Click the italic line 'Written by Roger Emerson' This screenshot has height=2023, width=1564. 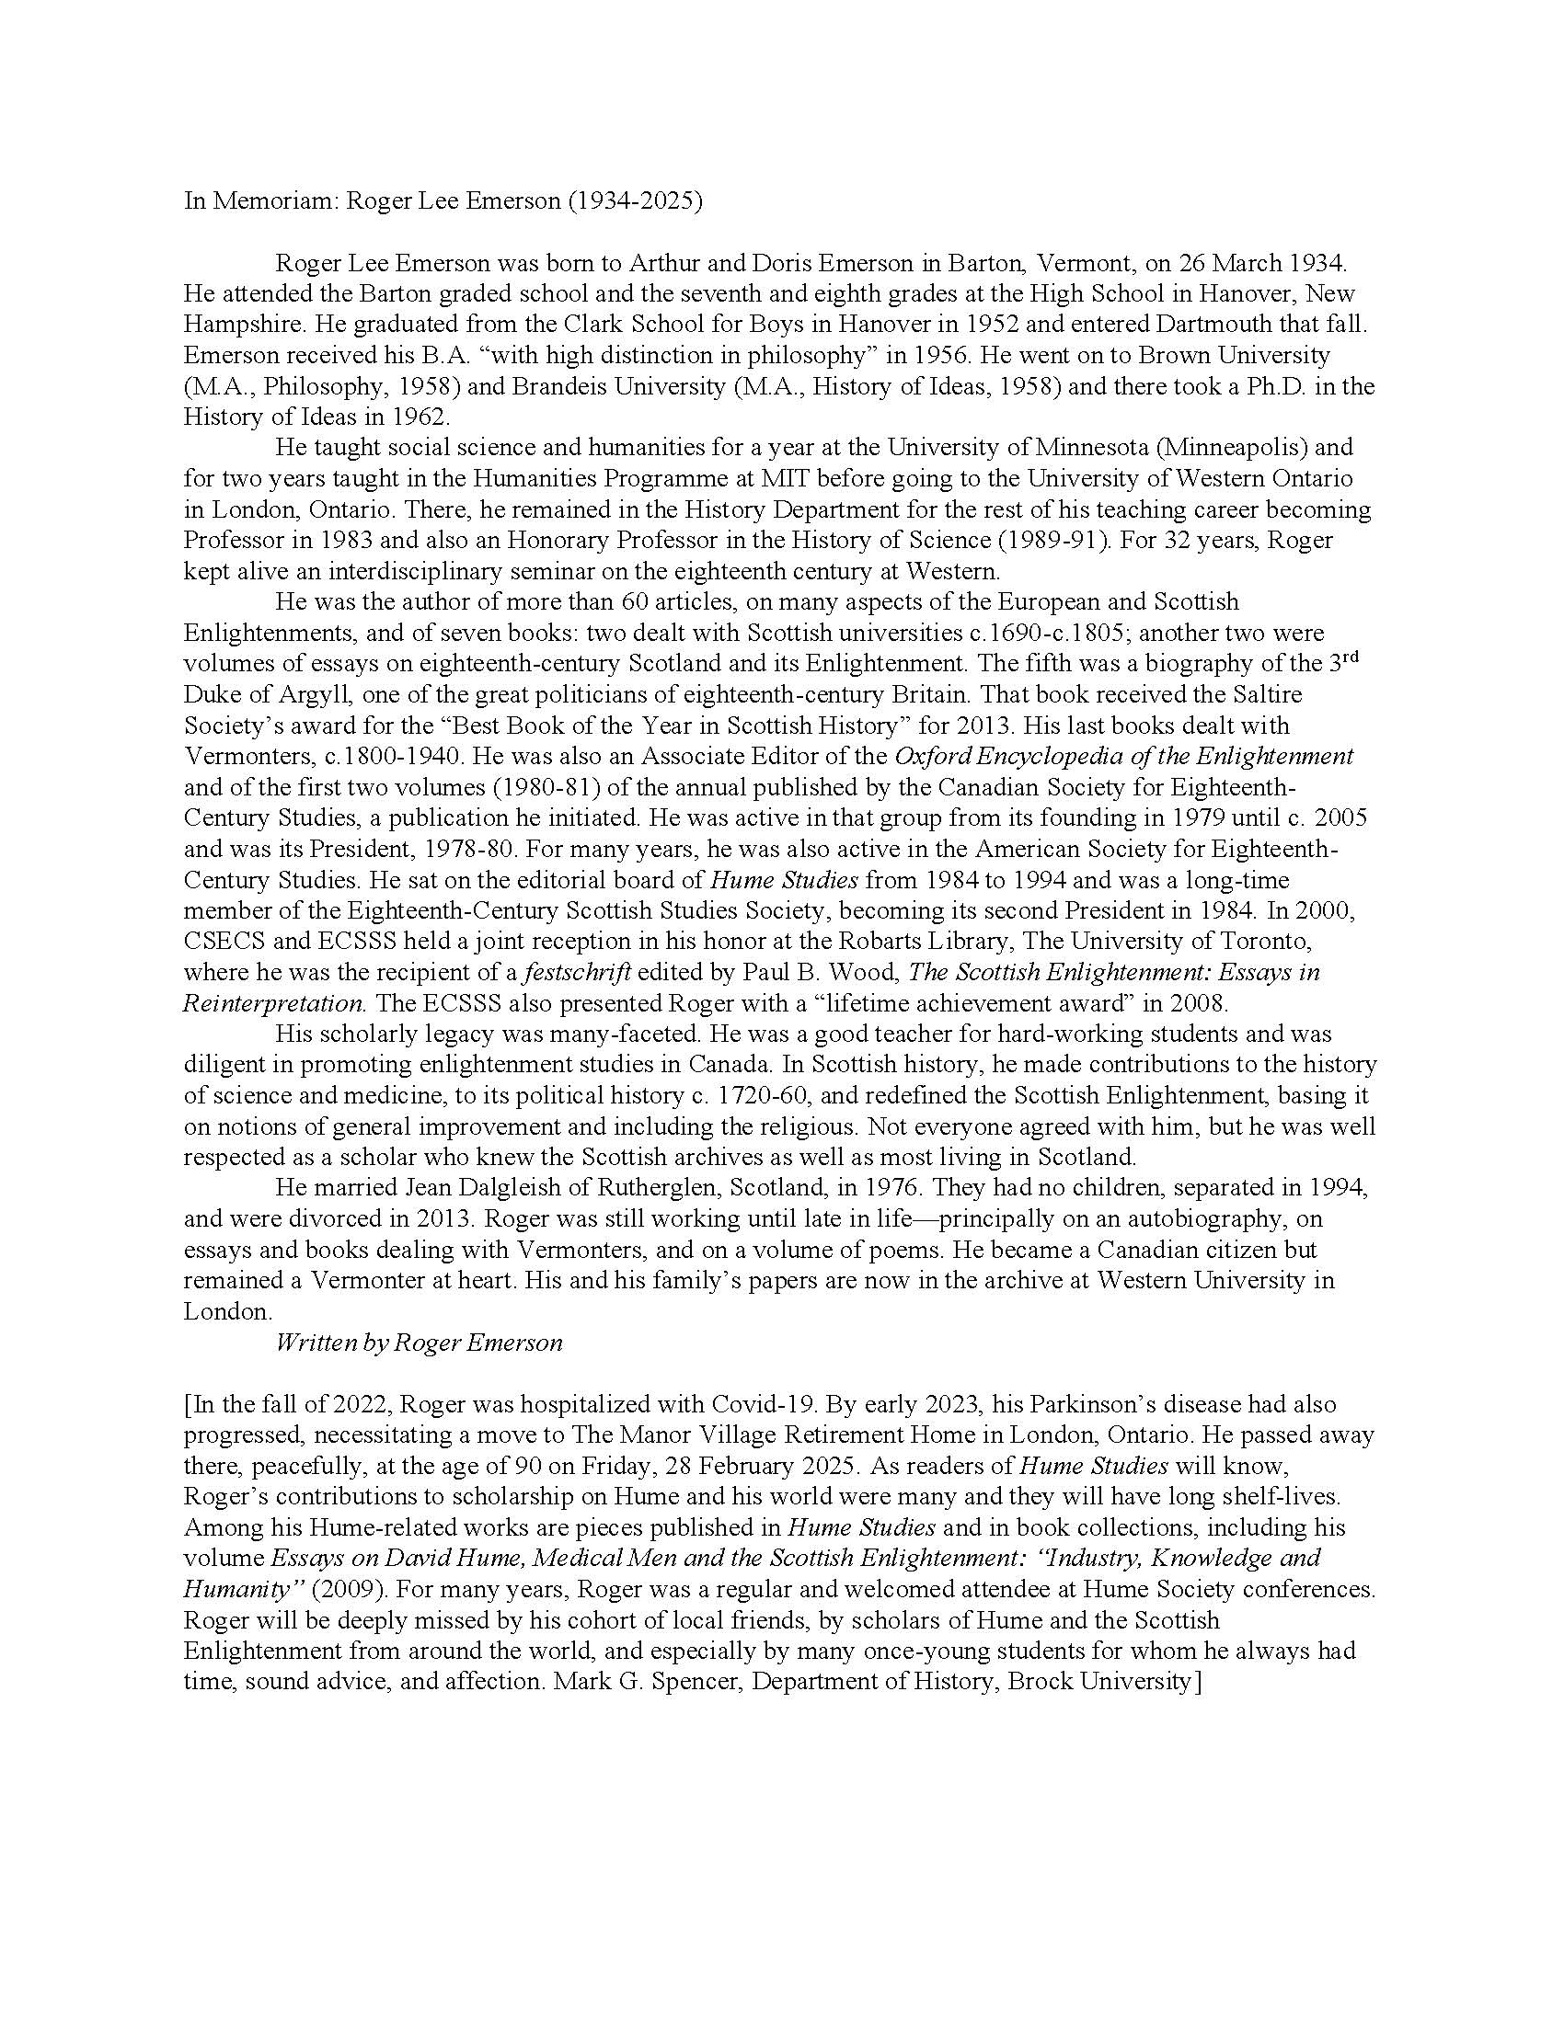click(419, 1343)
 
